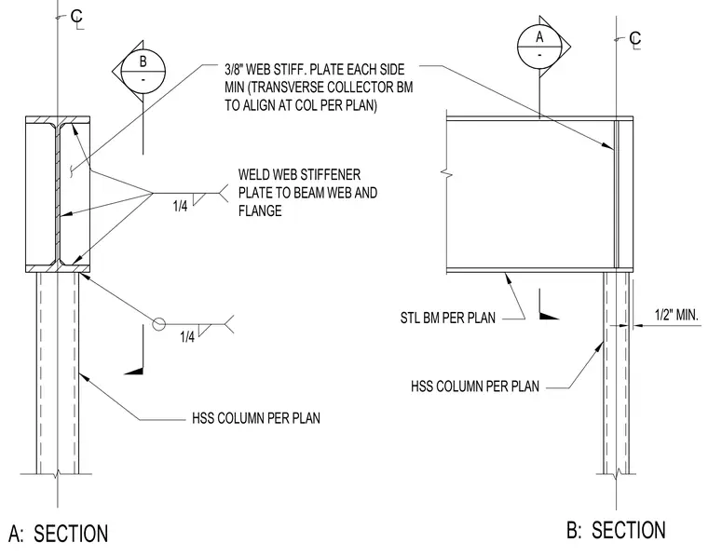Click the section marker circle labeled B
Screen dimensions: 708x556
coord(143,72)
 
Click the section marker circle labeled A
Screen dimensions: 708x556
coord(539,46)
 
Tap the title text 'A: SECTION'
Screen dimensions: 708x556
coord(59,533)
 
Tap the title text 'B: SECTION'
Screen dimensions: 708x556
coord(616,530)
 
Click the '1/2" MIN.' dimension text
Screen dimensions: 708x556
coord(676,315)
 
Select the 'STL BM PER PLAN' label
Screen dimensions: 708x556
coord(447,318)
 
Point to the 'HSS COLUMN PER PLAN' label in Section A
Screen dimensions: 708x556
coord(256,418)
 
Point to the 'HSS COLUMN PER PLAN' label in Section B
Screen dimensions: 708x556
coord(475,386)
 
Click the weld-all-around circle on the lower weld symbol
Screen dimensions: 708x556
coord(158,324)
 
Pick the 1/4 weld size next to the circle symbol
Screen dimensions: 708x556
coord(187,336)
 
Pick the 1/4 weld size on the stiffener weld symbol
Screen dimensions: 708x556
coord(180,206)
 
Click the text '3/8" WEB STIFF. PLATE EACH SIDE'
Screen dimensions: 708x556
coord(315,70)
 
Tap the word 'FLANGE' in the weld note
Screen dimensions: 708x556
coord(260,210)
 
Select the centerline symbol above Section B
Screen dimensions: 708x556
coord(634,40)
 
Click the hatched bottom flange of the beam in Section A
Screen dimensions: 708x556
coord(58,268)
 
